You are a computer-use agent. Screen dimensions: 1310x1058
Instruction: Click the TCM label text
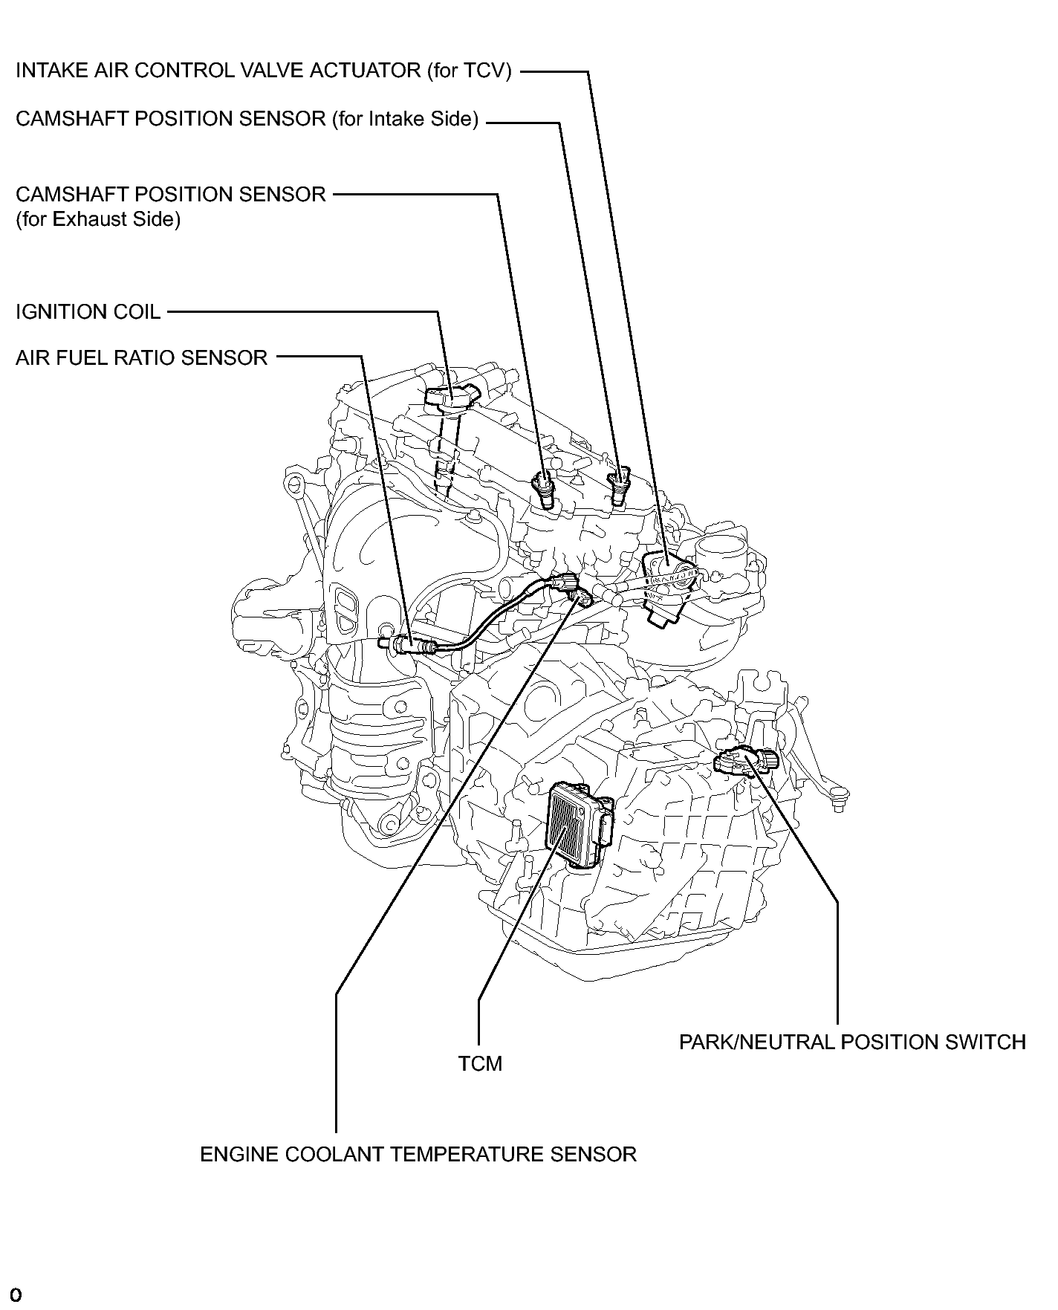(480, 1064)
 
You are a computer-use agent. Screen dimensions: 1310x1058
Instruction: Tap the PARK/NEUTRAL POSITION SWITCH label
(852, 1043)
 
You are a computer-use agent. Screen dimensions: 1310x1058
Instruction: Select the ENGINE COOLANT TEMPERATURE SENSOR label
(418, 1155)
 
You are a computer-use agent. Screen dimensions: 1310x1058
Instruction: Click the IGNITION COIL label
(88, 312)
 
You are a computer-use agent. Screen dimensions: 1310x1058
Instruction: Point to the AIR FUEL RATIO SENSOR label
(141, 358)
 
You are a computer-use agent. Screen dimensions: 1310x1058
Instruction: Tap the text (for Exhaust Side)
(98, 220)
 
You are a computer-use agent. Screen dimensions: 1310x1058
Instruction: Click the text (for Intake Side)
(405, 119)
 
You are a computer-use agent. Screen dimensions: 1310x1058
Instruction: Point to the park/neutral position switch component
(745, 762)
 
